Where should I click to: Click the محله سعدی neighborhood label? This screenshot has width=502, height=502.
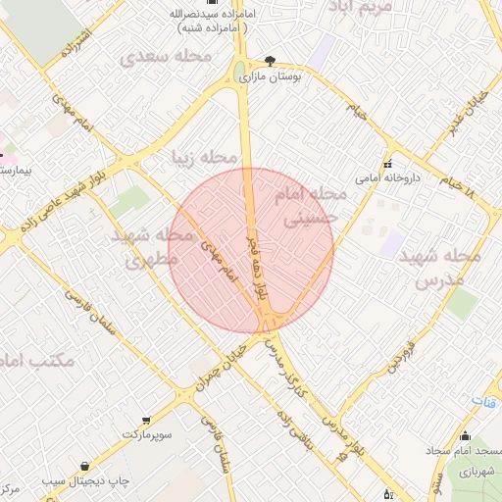(166, 57)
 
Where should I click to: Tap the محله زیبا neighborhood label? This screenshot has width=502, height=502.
(205, 158)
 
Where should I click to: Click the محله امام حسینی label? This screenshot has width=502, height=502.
(313, 207)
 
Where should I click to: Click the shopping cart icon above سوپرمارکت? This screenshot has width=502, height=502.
(146, 419)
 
